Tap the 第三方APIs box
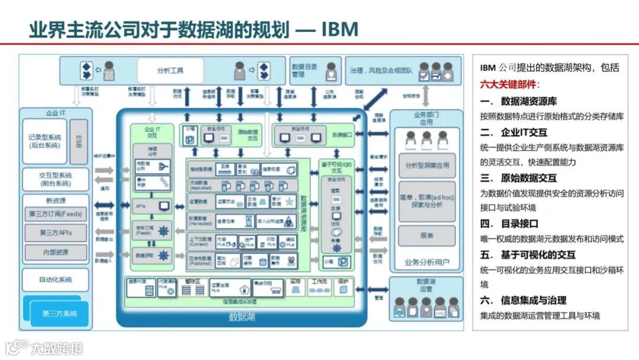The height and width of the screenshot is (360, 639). tap(56, 233)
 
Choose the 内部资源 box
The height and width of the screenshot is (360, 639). tap(56, 252)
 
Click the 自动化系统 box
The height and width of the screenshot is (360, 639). tap(55, 279)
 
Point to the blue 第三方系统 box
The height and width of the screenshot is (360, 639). tap(59, 313)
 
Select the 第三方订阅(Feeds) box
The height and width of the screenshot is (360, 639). tap(56, 214)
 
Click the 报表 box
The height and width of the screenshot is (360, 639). tap(426, 234)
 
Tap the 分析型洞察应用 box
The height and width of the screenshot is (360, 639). tap(426, 165)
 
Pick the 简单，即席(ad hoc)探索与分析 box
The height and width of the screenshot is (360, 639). tap(426, 200)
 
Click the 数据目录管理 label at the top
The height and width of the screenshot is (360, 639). tap(304, 70)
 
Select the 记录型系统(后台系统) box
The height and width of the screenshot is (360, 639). tap(44, 141)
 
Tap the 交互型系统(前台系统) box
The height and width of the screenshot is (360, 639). tap(55, 179)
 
